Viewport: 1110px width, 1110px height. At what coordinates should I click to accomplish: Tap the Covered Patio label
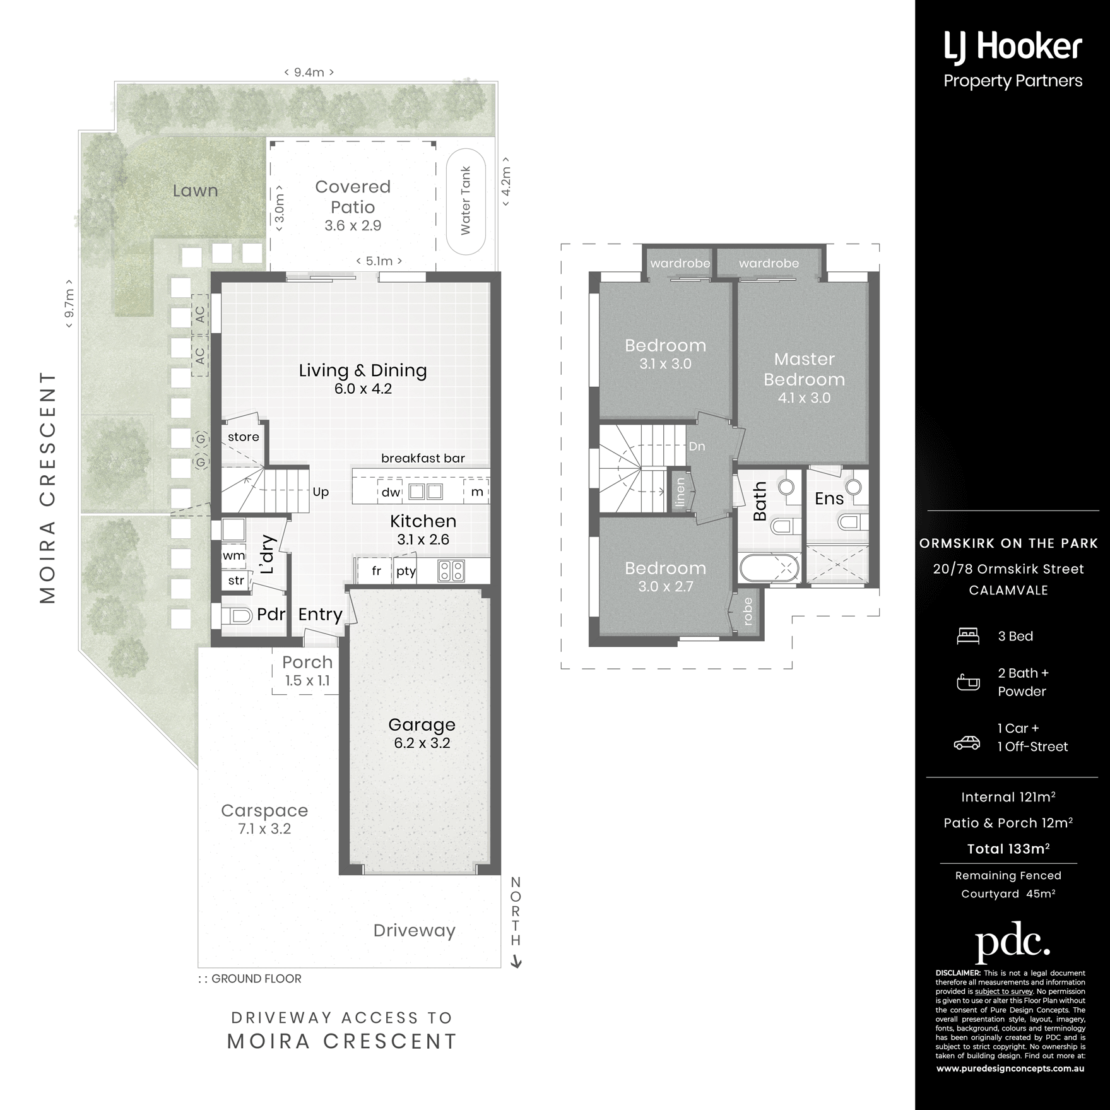[353, 197]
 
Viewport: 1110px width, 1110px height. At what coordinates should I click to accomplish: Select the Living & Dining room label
[363, 370]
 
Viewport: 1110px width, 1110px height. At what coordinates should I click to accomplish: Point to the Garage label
[422, 725]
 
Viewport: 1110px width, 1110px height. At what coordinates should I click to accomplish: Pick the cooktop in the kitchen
[451, 570]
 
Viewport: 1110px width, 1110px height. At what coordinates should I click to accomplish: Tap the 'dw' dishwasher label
[391, 492]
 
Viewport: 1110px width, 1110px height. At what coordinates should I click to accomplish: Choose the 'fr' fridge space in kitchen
[376, 571]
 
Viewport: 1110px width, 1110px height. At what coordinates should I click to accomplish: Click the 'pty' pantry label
[406, 571]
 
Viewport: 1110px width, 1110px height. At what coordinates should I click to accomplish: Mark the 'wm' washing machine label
[233, 556]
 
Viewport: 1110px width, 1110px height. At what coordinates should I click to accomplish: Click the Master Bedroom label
[804, 369]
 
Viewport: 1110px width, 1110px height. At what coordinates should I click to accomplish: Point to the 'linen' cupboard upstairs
[680, 492]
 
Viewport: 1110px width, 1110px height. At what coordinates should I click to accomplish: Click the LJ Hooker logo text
[1013, 49]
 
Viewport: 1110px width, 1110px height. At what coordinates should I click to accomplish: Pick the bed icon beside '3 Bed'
[968, 636]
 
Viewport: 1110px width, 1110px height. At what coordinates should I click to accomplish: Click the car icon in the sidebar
[967, 743]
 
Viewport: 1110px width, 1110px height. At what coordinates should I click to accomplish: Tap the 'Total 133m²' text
[1008, 849]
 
